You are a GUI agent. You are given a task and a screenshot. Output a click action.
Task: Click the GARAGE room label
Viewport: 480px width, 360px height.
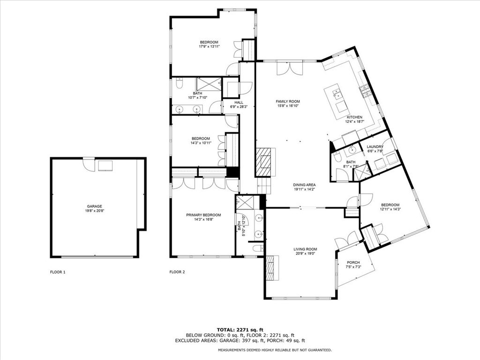point(94,206)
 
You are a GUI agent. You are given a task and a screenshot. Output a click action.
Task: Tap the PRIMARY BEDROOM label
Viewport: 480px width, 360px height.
point(203,215)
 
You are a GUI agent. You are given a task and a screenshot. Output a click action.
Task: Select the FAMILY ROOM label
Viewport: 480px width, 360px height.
point(287,101)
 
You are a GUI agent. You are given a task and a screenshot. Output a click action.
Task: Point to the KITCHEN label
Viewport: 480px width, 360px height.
point(354,117)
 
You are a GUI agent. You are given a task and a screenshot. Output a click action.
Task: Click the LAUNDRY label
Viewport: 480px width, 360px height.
point(375,147)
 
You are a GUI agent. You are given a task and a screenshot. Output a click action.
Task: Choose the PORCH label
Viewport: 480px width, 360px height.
point(353,262)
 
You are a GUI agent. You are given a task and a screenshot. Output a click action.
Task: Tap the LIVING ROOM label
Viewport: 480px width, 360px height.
point(306,249)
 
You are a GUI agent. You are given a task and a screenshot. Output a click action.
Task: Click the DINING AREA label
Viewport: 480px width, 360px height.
point(304,185)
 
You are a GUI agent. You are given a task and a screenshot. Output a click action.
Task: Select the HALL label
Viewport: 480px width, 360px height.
point(239,102)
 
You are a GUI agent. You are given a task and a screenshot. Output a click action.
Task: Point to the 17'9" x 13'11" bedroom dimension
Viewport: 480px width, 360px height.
point(209,46)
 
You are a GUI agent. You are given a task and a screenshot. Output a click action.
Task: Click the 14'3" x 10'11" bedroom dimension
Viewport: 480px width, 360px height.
point(201,142)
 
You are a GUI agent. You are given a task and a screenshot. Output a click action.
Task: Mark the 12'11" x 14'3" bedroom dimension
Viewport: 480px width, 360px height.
point(390,209)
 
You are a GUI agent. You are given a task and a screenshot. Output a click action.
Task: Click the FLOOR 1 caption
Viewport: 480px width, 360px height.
point(58,272)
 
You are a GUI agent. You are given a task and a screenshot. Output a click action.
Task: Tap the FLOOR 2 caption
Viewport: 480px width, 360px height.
point(177,272)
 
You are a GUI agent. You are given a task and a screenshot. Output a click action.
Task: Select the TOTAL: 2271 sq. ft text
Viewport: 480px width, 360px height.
point(240,329)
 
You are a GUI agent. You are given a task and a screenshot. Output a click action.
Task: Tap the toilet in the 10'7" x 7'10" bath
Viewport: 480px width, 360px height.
point(179,84)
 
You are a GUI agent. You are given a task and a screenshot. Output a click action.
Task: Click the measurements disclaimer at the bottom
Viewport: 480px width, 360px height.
point(275,350)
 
